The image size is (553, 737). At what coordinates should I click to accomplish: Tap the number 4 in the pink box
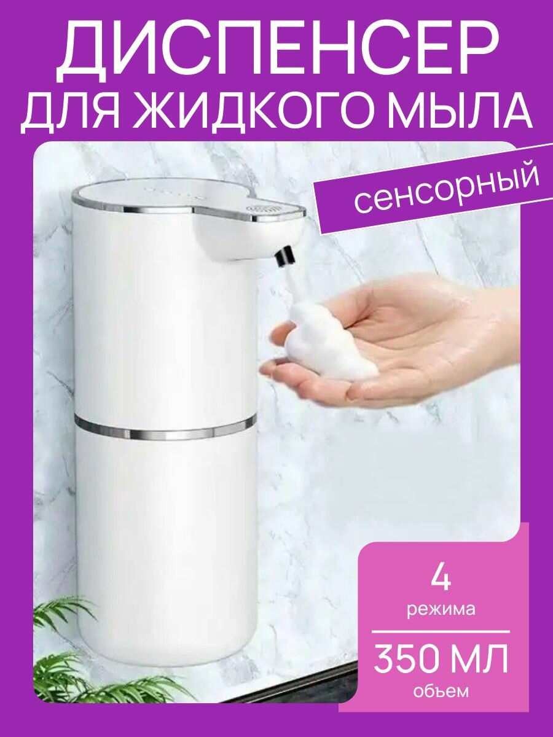click(440, 577)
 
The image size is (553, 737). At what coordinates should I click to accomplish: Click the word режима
click(440, 610)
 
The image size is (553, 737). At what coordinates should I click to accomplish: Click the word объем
click(440, 692)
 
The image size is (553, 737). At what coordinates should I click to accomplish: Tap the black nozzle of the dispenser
click(284, 257)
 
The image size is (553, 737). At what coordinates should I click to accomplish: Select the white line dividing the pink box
click(440, 631)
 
